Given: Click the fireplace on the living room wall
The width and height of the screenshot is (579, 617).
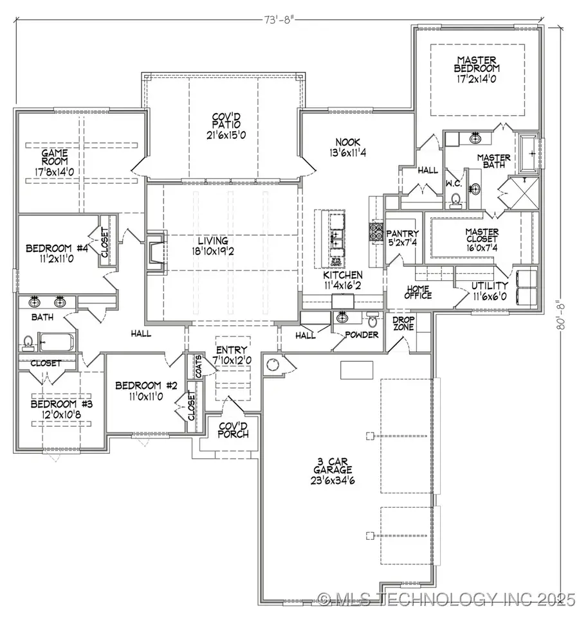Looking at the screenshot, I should point(154,251).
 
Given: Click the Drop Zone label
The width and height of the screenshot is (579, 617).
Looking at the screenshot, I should point(403,323).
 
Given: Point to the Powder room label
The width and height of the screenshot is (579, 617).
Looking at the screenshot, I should point(362,335).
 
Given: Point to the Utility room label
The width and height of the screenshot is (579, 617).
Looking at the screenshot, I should point(490,285).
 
